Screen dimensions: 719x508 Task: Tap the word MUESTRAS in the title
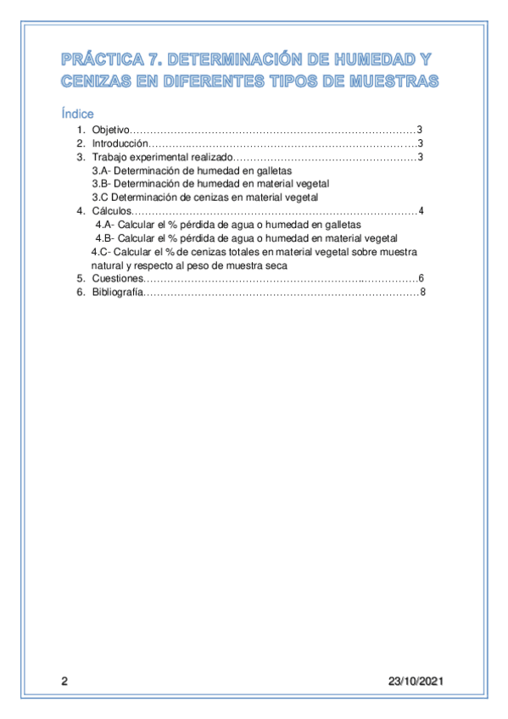coord(393,81)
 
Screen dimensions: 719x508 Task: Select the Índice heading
coord(77,114)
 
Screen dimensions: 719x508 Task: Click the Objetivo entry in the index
coord(110,130)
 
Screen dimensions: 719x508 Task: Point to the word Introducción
coord(120,144)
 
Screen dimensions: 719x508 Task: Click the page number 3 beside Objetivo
coord(420,130)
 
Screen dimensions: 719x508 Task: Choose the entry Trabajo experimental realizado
coord(161,158)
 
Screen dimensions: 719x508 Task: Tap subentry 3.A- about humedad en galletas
coord(191,170)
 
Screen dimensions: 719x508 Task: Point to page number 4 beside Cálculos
coord(421,211)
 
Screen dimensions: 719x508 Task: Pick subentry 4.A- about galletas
coord(228,225)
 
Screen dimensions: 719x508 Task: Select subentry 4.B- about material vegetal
coord(247,238)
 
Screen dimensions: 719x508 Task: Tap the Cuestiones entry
coord(118,279)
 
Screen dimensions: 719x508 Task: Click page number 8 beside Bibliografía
coord(421,293)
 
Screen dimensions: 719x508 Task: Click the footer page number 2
coord(63,682)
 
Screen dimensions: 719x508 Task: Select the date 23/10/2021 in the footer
coord(416,682)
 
